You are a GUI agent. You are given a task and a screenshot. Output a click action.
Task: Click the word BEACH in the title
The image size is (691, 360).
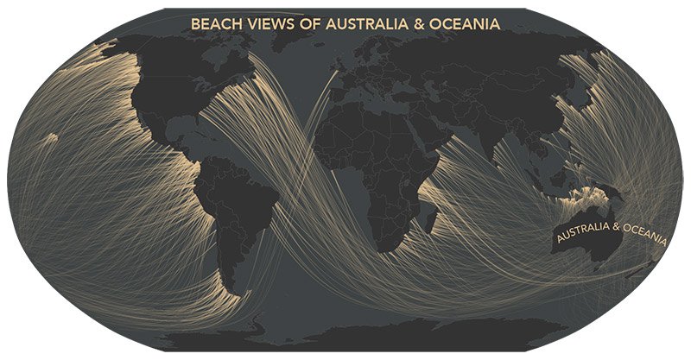tap(213, 25)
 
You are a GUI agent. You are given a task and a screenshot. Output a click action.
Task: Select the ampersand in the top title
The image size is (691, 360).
tap(422, 25)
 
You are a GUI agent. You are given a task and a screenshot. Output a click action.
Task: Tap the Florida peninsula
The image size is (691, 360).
tap(189, 137)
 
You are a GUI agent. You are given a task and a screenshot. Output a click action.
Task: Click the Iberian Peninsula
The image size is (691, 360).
tap(325, 111)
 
